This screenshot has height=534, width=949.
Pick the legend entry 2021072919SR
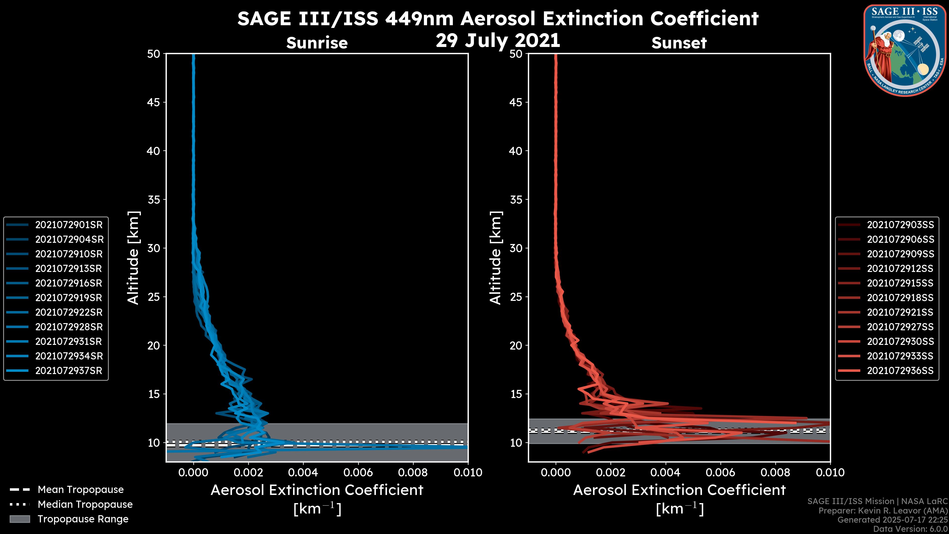pos(68,298)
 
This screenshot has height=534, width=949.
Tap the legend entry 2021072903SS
pos(900,225)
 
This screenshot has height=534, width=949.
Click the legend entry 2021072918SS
pos(900,298)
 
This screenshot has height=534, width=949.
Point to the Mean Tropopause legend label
pos(81,490)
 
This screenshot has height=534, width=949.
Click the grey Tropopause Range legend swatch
pos(20,519)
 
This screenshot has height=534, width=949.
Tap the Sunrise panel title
pos(317,43)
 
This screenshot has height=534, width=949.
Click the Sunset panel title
pos(679,43)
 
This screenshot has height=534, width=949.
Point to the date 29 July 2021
pos(498,41)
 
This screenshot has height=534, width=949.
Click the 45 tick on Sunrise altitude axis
pos(154,102)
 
